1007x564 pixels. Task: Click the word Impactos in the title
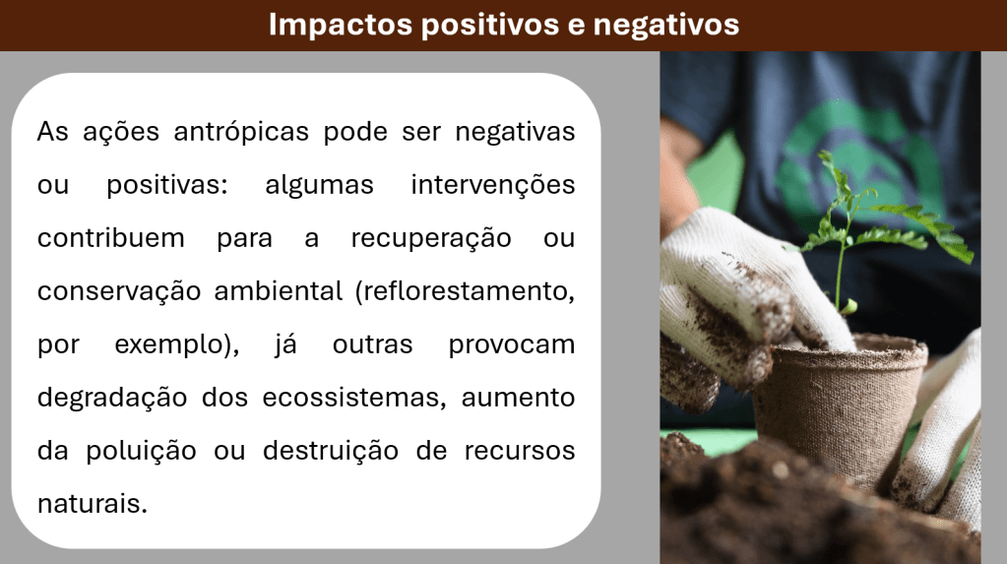pyautogui.click(x=341, y=25)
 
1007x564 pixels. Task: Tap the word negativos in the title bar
pyautogui.click(x=666, y=25)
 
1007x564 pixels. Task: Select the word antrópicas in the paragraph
pyautogui.click(x=241, y=132)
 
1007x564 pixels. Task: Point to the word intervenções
pyautogui.click(x=492, y=185)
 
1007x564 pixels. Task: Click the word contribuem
pyautogui.click(x=111, y=238)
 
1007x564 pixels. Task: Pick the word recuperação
pyautogui.click(x=431, y=239)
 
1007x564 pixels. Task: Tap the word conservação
pyautogui.click(x=119, y=291)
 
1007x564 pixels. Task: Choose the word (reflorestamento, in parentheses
pyautogui.click(x=465, y=291)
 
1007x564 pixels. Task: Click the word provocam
pyautogui.click(x=511, y=345)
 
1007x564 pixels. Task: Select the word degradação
pyautogui.click(x=112, y=399)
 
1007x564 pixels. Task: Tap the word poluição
pyautogui.click(x=142, y=452)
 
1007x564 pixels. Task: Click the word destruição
pyautogui.click(x=331, y=451)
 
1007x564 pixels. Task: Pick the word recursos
pyautogui.click(x=520, y=451)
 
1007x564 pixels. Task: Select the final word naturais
pyautogui.click(x=93, y=504)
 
